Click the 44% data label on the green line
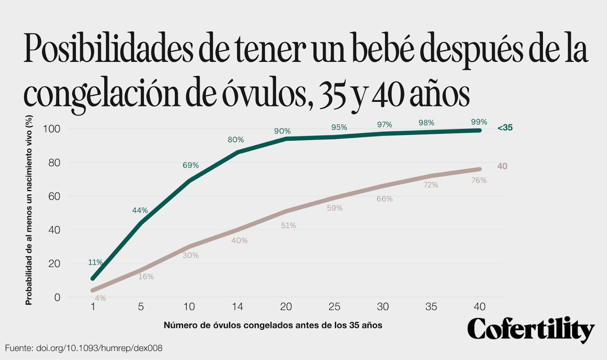(x=140, y=211)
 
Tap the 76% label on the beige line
(x=479, y=181)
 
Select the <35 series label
(x=505, y=128)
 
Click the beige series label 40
(x=502, y=166)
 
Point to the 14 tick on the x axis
(x=237, y=307)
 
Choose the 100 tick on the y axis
(x=52, y=129)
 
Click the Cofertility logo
(x=531, y=329)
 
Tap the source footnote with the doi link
(x=84, y=348)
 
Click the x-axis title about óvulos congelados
(x=273, y=325)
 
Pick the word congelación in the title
(x=101, y=95)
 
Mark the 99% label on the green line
(x=479, y=122)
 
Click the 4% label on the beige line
(x=100, y=298)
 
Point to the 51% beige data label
(x=288, y=226)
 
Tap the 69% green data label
(x=190, y=165)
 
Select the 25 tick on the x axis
(x=334, y=307)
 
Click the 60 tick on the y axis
(x=54, y=196)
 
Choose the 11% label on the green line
(x=95, y=263)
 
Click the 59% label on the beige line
(x=335, y=208)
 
